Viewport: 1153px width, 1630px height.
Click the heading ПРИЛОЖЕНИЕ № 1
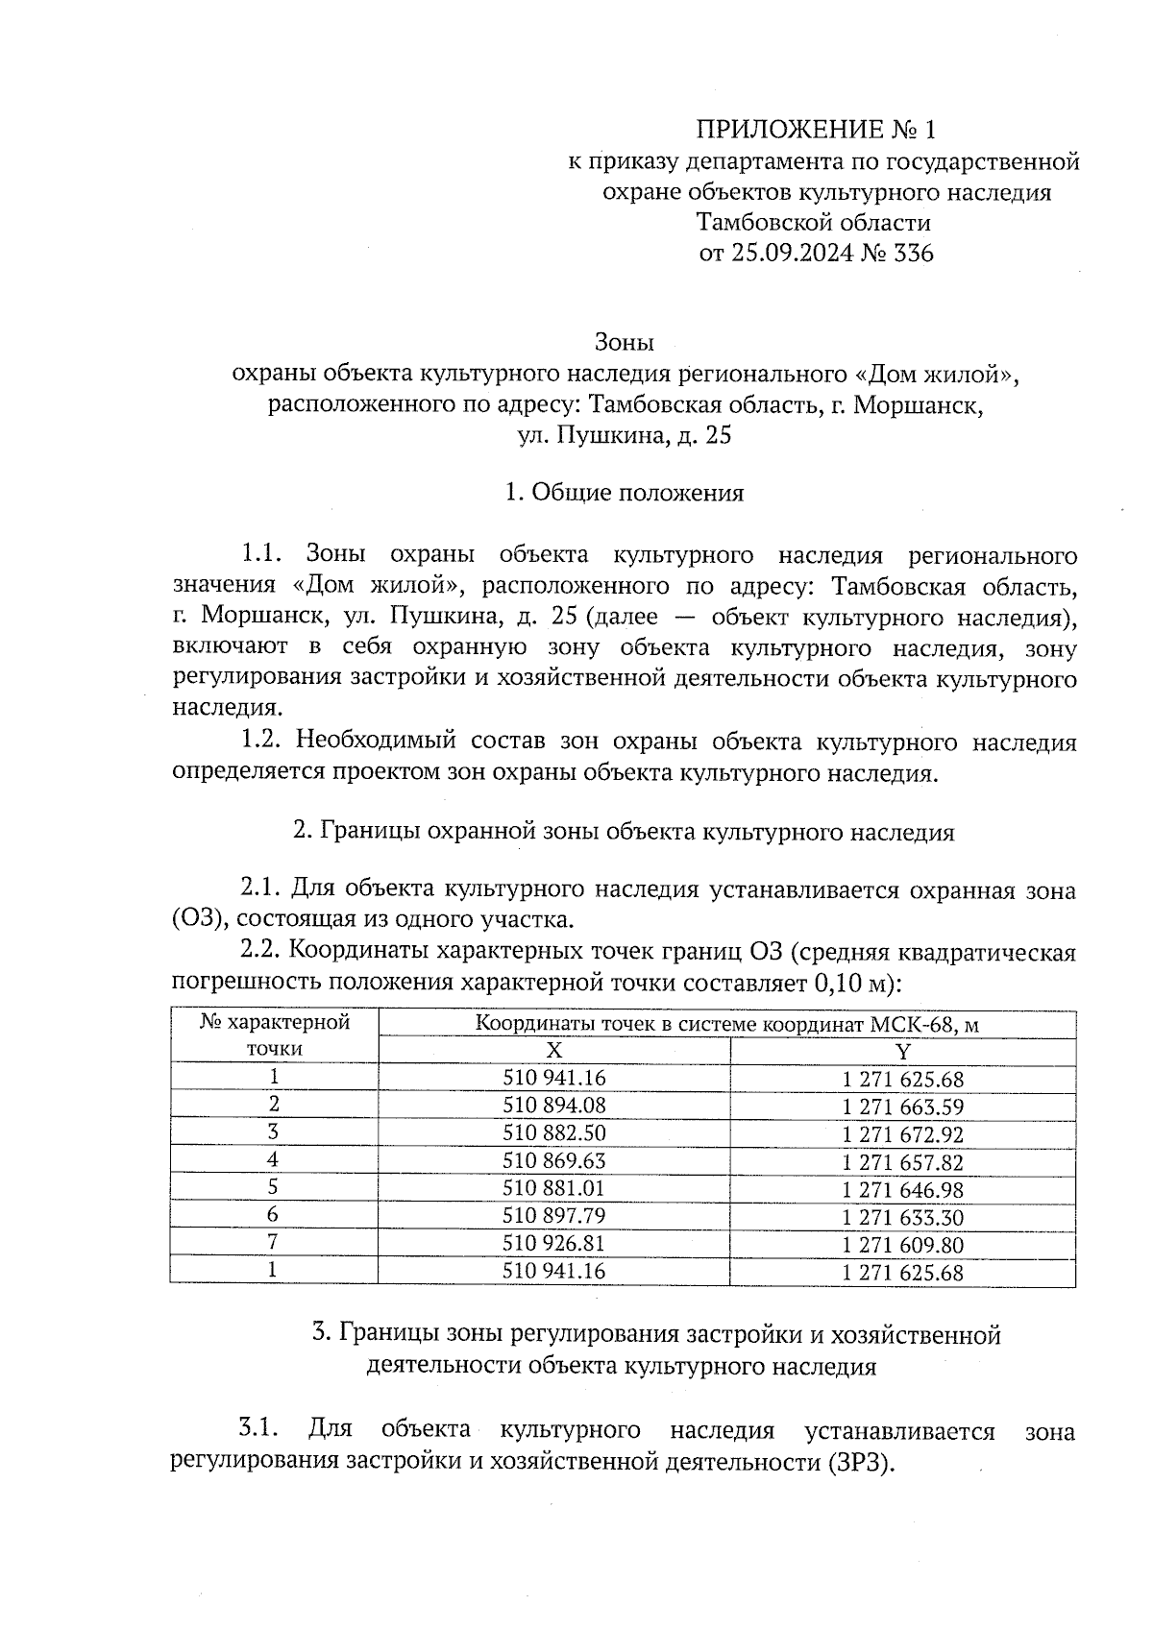click(x=815, y=130)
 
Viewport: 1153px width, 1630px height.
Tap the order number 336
click(x=913, y=254)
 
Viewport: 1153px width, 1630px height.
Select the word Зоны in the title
click(x=625, y=342)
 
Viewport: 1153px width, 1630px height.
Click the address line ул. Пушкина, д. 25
click(x=625, y=435)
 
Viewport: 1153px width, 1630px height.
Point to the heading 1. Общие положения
click(x=625, y=493)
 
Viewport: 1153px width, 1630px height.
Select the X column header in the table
click(x=553, y=1050)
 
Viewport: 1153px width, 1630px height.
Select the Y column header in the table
click(x=902, y=1050)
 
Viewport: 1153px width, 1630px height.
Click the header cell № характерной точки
click(x=274, y=1035)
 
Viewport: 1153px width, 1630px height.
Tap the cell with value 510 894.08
click(x=554, y=1106)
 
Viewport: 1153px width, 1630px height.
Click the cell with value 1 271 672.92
click(x=902, y=1134)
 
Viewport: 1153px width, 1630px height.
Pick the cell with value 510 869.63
click(x=554, y=1161)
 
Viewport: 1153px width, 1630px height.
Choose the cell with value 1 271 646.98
click(x=902, y=1190)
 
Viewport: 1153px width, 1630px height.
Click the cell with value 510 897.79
click(x=554, y=1217)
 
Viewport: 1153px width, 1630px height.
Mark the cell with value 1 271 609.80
click(x=902, y=1246)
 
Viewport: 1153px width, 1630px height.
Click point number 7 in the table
click(x=274, y=1244)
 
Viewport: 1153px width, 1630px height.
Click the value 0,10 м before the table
click(x=848, y=984)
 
